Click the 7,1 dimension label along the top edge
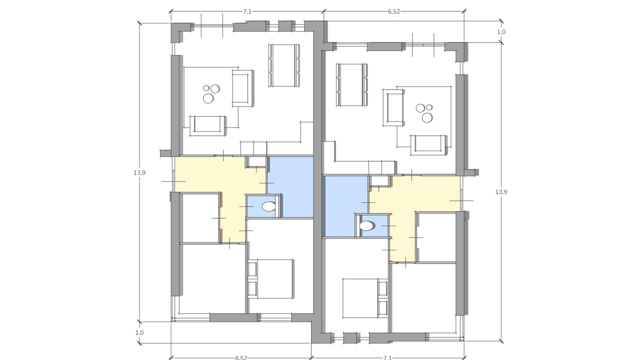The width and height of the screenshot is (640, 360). pos(247,12)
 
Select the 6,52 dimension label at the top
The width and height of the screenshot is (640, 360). pos(394,12)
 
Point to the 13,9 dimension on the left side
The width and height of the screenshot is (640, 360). pos(139,173)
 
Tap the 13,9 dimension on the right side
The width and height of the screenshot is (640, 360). pos(501,192)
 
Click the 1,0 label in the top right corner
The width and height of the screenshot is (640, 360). pos(501,32)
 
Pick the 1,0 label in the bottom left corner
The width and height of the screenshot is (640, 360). pos(139,333)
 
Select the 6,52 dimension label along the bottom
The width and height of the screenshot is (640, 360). pos(241,358)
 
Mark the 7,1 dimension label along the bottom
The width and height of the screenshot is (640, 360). pos(387,358)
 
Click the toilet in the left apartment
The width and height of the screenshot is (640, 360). pos(269,207)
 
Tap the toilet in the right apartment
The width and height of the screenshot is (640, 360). pos(367,226)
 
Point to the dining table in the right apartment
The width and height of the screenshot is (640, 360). pos(352,85)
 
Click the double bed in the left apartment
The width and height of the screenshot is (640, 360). pos(271,279)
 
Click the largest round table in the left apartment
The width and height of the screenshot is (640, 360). pos(209,98)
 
